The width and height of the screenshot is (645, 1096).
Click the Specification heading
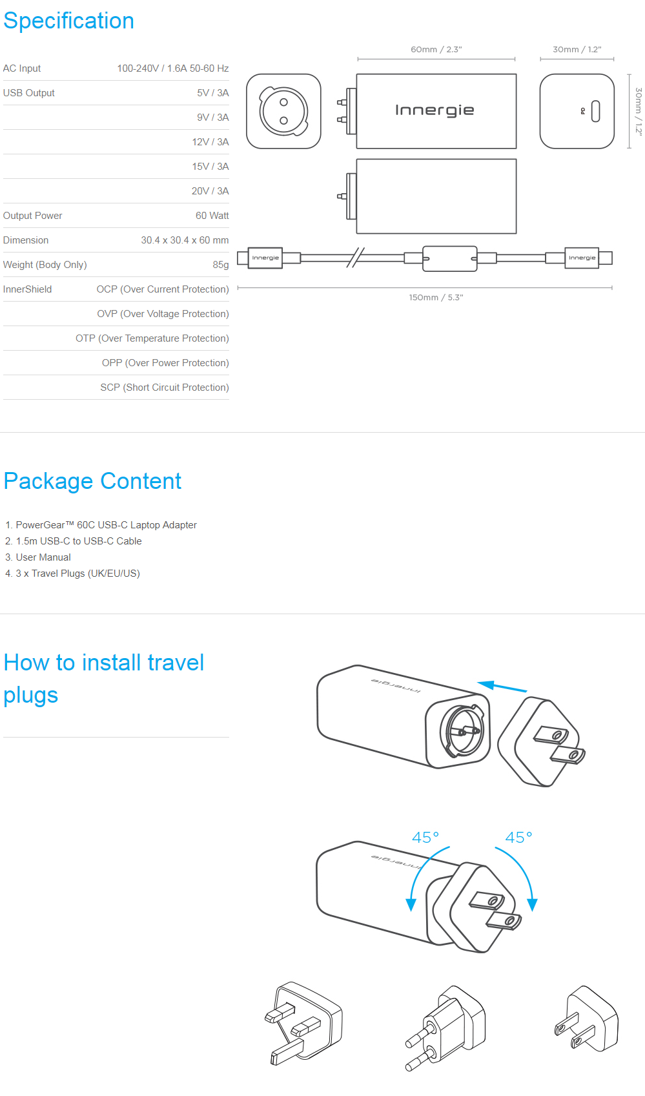click(68, 21)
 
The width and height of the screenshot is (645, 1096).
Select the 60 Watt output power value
click(212, 216)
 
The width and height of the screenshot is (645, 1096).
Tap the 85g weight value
click(220, 265)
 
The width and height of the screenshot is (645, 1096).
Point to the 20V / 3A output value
click(210, 191)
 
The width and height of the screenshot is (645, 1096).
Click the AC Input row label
click(22, 68)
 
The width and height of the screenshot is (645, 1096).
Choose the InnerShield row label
click(27, 289)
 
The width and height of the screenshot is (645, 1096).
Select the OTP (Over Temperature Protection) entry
click(152, 338)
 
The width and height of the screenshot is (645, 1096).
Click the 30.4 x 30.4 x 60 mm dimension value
click(185, 240)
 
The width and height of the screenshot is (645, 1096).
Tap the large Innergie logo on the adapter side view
click(435, 110)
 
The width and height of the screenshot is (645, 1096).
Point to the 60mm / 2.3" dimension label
click(436, 50)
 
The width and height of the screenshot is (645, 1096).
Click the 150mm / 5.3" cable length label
click(436, 298)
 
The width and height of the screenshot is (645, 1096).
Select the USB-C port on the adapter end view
click(595, 111)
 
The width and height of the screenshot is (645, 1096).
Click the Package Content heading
click(92, 481)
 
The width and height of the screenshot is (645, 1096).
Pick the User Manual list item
click(43, 557)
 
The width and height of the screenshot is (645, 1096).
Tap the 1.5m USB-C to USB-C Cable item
click(79, 541)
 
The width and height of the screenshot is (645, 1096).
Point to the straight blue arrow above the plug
click(502, 687)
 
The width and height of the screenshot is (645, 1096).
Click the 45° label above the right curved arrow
click(518, 838)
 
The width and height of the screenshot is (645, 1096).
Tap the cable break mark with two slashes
click(355, 258)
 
